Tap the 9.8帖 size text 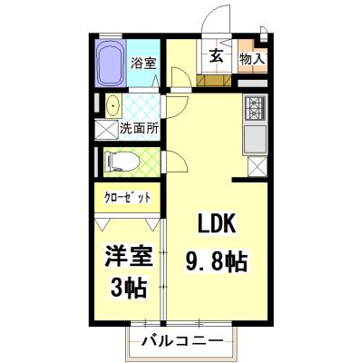pos(218,260)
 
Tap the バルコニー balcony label pos(181,342)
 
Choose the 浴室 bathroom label pos(143,64)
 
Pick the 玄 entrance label pos(218,56)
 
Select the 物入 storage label pos(252,60)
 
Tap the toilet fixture pos(119,162)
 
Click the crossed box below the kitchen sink pos(257,166)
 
